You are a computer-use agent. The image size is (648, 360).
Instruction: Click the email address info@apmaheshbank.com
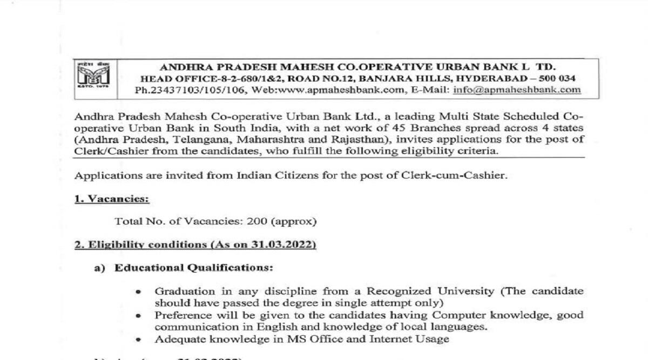pyautogui.click(x=517, y=90)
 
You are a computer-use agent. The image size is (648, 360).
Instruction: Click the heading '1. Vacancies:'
pyautogui.click(x=111, y=198)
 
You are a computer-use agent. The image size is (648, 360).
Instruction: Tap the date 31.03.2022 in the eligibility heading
pyautogui.click(x=281, y=244)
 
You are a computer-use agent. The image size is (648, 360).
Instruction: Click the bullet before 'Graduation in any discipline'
pyautogui.click(x=139, y=291)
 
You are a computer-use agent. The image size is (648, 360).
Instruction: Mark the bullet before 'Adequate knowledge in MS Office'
pyautogui.click(x=139, y=339)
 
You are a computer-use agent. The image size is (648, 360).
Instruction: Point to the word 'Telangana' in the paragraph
pyautogui.click(x=183, y=140)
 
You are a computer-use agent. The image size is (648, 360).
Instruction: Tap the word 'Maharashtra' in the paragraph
pyautogui.click(x=254, y=140)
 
